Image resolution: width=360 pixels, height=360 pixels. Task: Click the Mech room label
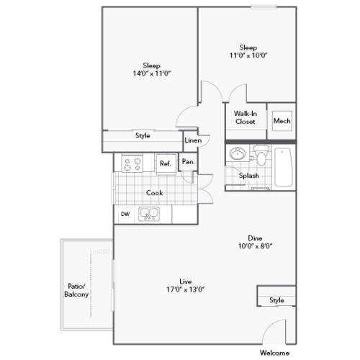[x=282, y=121]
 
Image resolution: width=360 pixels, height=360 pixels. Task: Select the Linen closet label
[x=192, y=140]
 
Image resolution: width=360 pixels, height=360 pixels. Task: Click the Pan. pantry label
[x=189, y=162]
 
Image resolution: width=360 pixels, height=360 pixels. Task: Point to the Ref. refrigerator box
[x=166, y=163]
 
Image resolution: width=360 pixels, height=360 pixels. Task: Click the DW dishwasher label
[x=125, y=213]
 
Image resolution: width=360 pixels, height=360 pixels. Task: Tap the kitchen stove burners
[x=132, y=163]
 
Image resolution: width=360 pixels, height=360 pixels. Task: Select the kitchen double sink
[x=150, y=213]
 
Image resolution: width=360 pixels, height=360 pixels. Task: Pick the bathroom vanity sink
[x=238, y=155]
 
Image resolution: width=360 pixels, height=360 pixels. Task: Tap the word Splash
[x=249, y=176]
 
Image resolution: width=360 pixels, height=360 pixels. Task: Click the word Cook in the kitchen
[x=154, y=192]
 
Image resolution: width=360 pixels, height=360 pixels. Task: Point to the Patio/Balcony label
[x=73, y=289]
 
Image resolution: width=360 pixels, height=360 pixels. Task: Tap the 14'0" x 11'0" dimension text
[x=151, y=73]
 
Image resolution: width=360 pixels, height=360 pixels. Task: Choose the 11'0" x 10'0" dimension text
[x=248, y=55]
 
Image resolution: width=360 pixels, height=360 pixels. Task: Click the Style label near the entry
[x=276, y=300]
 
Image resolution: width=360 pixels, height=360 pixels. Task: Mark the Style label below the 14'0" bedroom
[x=143, y=135]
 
